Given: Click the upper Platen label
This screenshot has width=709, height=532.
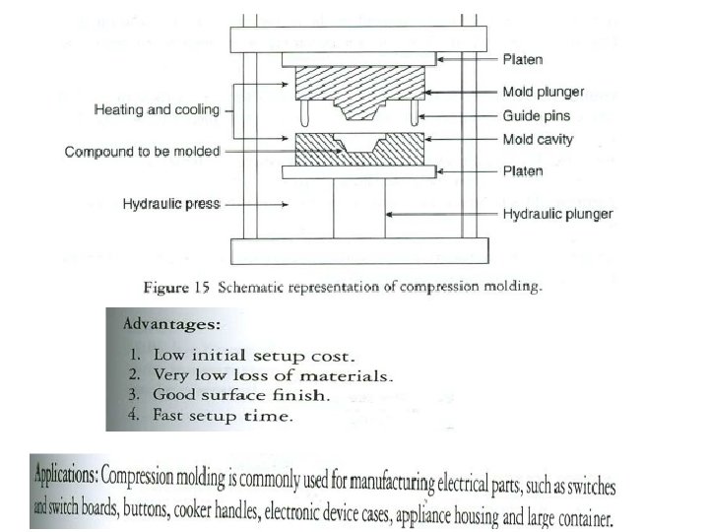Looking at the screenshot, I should pos(523,61).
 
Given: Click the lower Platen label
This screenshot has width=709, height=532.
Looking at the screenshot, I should pos(523,171).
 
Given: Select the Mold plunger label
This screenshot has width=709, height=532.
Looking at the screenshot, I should pos(544,92).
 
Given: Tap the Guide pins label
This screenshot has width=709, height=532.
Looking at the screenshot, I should pos(538,115).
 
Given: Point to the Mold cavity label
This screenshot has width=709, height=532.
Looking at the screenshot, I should pos(538,140).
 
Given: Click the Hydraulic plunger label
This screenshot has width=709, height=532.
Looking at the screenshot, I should pos(557,214).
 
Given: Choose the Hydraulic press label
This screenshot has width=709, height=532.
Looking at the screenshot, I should pos(171,205).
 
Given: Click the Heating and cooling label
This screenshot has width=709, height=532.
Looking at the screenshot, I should pos(157,110).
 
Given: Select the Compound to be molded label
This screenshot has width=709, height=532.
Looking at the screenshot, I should pos(143,152).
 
